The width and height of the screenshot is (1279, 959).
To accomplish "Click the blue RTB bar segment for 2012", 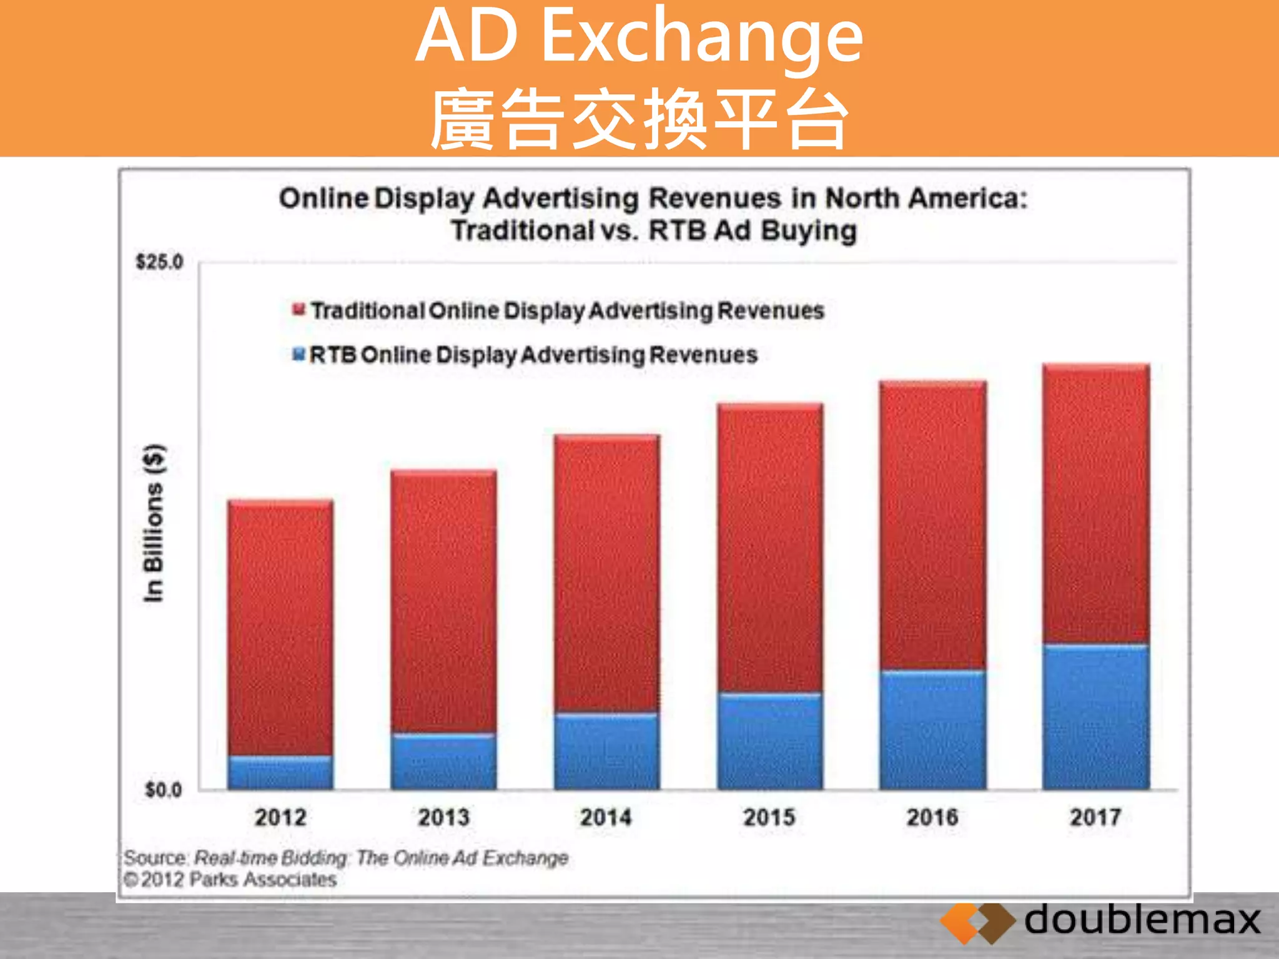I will click(x=280, y=773).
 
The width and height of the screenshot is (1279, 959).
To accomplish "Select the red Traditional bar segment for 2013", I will click(x=444, y=601).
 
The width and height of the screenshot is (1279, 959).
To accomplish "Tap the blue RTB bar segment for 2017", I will click(x=1096, y=717).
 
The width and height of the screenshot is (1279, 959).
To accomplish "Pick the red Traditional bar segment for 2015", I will click(x=770, y=548).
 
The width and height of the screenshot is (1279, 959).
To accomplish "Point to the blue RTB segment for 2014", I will click(x=606, y=751).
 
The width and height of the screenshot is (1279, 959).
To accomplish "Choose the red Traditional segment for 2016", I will click(x=933, y=526).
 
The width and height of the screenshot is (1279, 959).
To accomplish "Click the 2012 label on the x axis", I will click(x=280, y=817).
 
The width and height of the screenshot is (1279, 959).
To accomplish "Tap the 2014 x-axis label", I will click(x=606, y=817).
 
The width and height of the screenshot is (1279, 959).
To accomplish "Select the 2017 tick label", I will click(x=1096, y=817).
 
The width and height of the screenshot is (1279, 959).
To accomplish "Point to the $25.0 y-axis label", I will click(x=160, y=262).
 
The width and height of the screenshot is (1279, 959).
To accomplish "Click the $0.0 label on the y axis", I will click(x=163, y=790).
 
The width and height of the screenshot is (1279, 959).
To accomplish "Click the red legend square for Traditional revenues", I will click(x=299, y=310).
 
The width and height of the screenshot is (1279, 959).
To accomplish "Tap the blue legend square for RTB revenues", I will click(x=299, y=355).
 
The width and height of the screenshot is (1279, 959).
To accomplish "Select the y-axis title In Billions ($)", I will click(x=154, y=523).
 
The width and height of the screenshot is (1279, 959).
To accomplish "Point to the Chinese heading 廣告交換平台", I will click(x=639, y=119).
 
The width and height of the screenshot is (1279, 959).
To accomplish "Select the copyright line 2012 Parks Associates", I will click(x=231, y=880).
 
